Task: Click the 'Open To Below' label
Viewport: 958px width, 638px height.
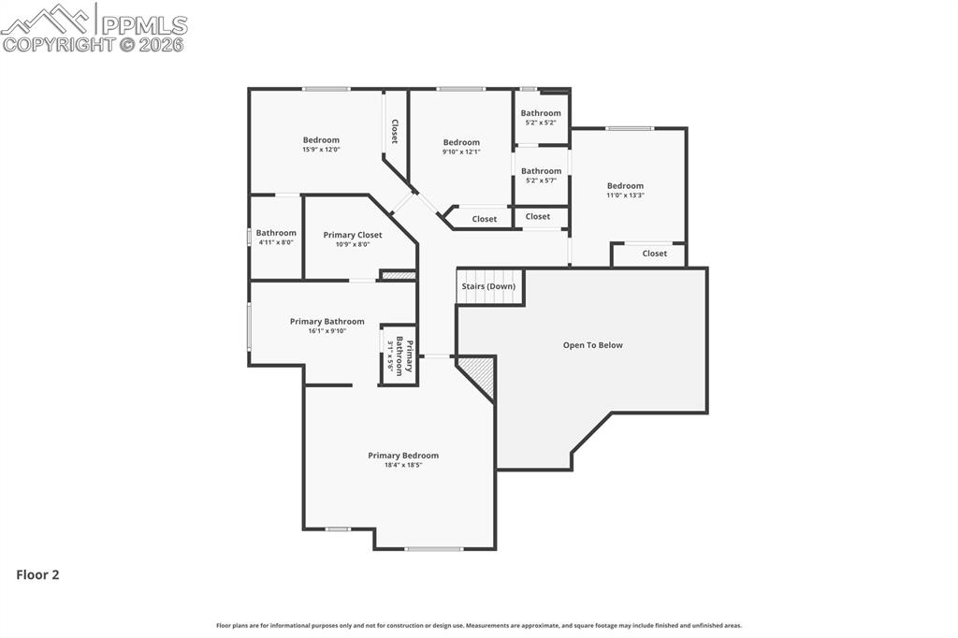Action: tap(592, 345)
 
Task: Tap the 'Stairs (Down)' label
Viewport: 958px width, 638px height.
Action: tap(488, 286)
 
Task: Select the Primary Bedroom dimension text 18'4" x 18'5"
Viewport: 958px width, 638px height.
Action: tap(402, 465)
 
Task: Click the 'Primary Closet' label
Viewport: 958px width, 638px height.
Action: tap(353, 235)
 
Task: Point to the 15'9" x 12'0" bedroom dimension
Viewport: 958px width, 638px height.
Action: tap(321, 150)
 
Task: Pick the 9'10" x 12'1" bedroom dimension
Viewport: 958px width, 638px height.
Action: tap(461, 152)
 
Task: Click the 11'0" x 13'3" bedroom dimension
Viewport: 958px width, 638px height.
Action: tap(625, 196)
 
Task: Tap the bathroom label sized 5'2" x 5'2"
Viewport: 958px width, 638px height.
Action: tap(541, 113)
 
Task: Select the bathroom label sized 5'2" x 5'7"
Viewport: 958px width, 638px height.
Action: tap(541, 171)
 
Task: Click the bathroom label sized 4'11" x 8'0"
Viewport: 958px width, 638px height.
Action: tap(276, 233)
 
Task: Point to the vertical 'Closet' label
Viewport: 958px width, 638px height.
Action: tap(395, 131)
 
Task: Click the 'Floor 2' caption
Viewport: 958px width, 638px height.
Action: tap(37, 575)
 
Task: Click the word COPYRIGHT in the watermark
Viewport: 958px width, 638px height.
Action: tap(58, 44)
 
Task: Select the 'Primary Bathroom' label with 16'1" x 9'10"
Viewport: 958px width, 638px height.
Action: tap(327, 321)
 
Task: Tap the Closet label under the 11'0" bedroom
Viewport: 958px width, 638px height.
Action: tap(655, 254)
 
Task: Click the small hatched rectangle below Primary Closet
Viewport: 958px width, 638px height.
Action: tap(398, 275)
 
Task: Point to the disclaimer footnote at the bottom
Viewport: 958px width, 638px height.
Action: tap(479, 626)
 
